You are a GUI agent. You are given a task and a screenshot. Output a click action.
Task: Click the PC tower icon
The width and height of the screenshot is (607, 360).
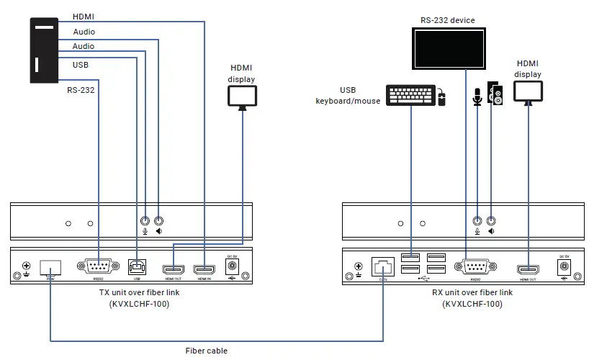click(x=44, y=51)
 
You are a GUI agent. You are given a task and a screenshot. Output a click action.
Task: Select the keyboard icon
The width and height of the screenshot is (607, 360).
click(x=410, y=95)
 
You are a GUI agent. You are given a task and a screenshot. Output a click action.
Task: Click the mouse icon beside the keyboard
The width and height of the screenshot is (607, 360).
click(x=441, y=99)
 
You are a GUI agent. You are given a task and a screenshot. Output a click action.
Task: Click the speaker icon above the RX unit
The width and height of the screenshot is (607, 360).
click(x=495, y=94)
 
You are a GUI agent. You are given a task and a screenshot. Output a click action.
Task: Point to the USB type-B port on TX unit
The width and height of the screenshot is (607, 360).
click(x=135, y=266)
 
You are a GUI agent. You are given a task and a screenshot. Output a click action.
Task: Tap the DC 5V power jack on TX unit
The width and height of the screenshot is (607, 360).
click(x=231, y=266)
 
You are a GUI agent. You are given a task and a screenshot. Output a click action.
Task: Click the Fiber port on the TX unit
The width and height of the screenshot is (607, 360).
click(x=50, y=266)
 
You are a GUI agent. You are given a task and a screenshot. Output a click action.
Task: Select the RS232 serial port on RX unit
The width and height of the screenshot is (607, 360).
click(x=475, y=266)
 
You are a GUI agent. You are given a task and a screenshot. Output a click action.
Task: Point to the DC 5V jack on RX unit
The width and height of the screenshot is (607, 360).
click(x=563, y=266)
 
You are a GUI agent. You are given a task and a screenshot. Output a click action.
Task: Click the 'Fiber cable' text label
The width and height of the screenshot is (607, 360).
click(x=207, y=351)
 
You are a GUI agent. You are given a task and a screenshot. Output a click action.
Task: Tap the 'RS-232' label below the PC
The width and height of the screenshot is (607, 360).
click(x=81, y=91)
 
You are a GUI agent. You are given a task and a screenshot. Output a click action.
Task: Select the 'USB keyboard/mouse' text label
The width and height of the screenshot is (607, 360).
click(x=348, y=95)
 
